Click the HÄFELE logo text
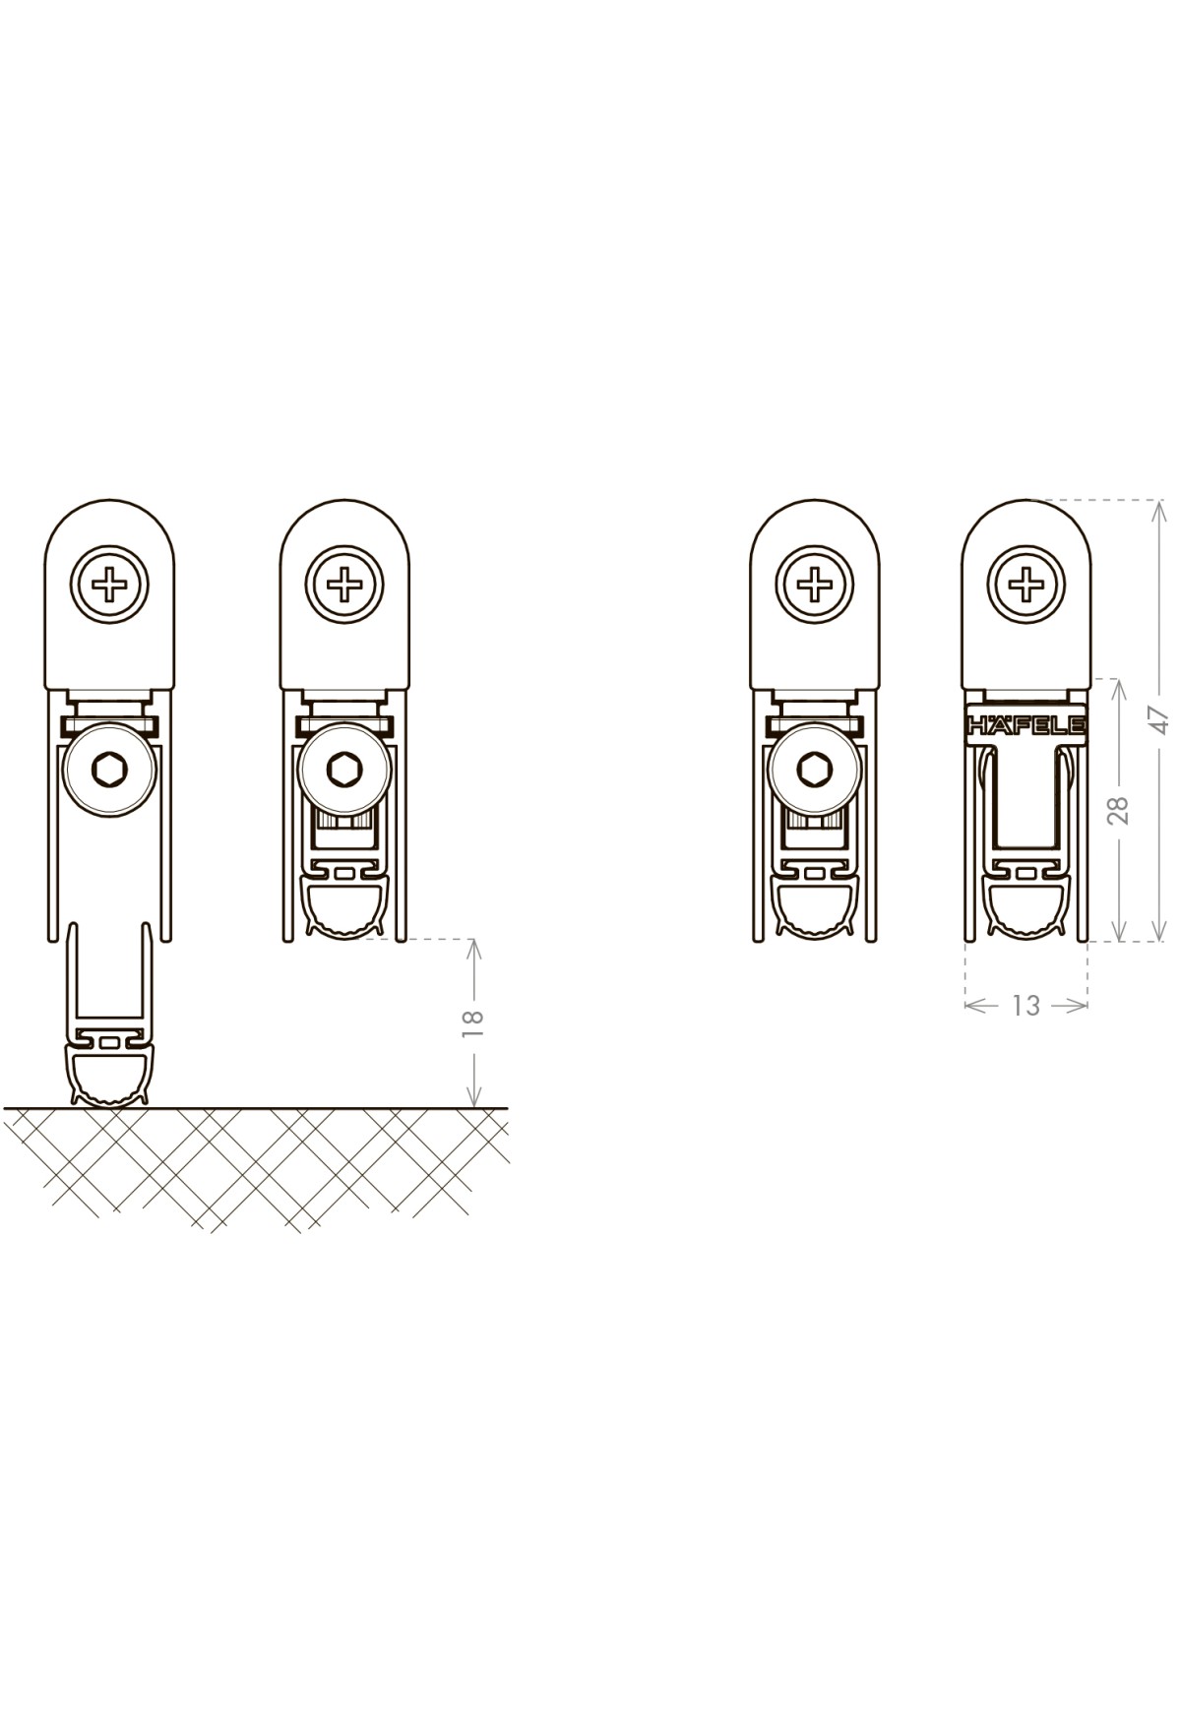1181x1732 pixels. coord(1026,725)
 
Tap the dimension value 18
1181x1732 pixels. coord(473,1023)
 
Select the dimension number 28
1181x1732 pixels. coord(1118,809)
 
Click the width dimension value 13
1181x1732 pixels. coord(1026,1005)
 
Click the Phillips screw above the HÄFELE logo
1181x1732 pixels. coord(1026,586)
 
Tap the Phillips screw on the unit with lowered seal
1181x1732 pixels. coord(108,586)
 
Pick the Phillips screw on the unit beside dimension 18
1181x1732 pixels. coord(344,586)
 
